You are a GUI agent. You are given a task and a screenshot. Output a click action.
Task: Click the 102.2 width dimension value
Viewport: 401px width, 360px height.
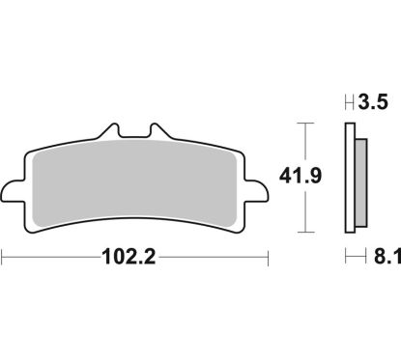tap(129, 259)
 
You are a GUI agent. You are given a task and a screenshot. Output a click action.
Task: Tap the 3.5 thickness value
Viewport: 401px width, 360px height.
tap(372, 100)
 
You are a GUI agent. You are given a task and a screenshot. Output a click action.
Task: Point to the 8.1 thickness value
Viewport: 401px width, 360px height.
tap(376, 259)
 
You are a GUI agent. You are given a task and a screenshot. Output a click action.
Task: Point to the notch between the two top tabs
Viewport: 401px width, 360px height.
tap(135, 136)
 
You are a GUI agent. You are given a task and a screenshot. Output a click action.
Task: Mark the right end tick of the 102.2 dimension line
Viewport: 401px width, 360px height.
tap(266, 258)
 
